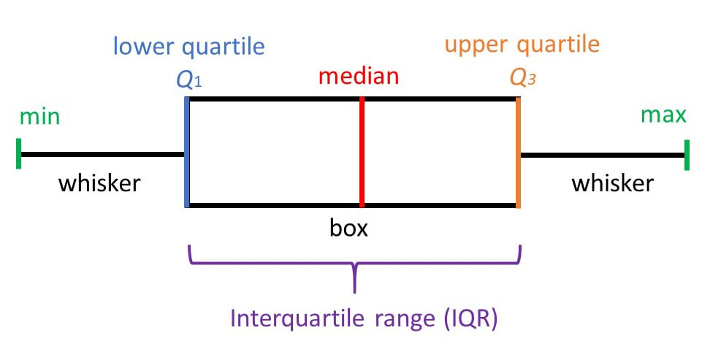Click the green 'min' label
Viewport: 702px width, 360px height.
tap(40, 116)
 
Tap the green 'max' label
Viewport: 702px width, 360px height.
tap(663, 115)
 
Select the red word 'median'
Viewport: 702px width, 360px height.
tap(359, 75)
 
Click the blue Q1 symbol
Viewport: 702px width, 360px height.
tap(188, 80)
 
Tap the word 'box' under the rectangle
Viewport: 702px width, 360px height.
tap(348, 228)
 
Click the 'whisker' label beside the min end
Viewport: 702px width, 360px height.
tap(99, 183)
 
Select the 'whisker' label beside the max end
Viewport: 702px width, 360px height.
tap(612, 183)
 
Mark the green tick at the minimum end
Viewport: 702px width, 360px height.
tap(18, 154)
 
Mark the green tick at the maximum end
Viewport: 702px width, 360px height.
tap(687, 154)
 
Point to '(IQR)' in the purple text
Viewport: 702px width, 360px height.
tap(472, 319)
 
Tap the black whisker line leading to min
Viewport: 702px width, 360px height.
tap(102, 154)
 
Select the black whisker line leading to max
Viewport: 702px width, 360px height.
tap(603, 154)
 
